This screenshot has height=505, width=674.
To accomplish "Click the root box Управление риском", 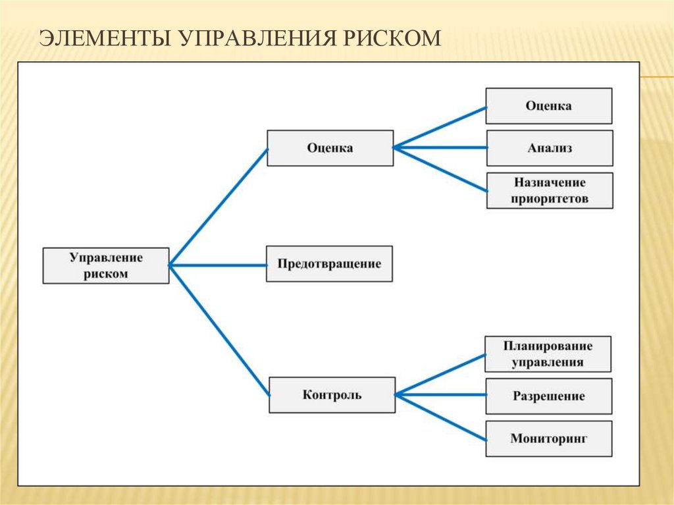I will click(106, 265).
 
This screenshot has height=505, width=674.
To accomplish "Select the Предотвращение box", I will click(329, 264).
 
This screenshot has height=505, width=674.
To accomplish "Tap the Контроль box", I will click(332, 395).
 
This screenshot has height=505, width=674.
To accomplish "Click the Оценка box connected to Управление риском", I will click(330, 147).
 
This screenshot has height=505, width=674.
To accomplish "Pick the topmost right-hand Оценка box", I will click(549, 105).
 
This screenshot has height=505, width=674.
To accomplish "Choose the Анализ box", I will click(550, 147).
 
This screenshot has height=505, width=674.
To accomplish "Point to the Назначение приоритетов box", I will click(550, 190).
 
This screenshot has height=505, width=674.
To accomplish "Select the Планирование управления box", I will click(548, 354).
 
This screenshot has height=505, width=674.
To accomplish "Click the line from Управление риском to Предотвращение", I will click(217, 265).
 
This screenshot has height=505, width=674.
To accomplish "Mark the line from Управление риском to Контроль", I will click(219, 330).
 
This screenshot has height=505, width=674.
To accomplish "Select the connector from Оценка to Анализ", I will click(440, 147).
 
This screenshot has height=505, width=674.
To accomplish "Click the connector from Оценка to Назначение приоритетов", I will click(440, 169).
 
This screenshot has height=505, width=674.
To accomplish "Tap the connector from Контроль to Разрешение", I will click(440, 395).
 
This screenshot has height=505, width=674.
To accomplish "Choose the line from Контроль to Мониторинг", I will click(440, 416).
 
